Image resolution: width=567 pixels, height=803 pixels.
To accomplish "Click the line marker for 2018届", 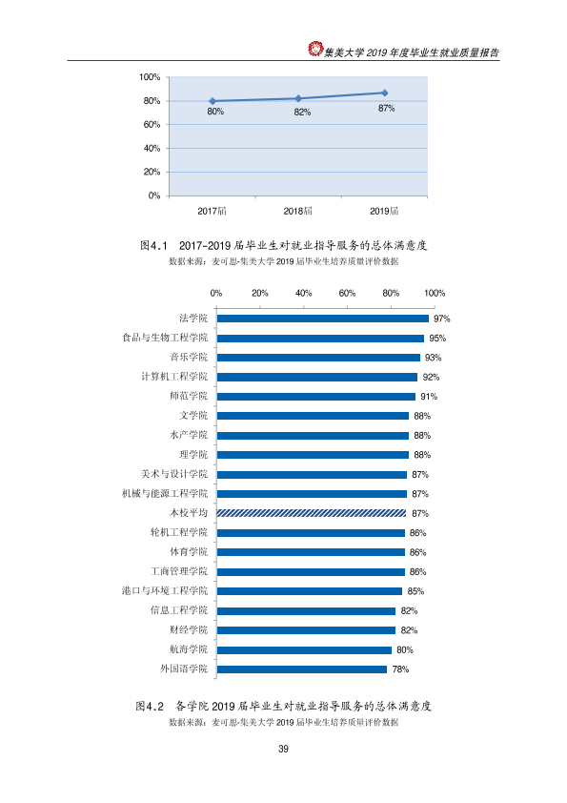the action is coord(298,98).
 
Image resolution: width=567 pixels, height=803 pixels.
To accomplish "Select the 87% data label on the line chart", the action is coord(386,109).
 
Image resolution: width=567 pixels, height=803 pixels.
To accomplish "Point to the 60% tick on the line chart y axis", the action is coord(152,124).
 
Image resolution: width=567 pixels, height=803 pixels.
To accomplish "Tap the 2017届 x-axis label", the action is coord(212,211).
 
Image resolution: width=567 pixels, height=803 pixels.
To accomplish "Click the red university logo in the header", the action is coord(315,49).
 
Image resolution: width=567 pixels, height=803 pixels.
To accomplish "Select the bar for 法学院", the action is coord(322,319).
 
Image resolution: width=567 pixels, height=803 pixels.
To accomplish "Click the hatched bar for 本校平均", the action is coord(311,513).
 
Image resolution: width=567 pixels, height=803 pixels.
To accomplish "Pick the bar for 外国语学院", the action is coord(301,669).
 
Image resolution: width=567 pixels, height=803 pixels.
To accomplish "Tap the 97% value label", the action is coord(441,319).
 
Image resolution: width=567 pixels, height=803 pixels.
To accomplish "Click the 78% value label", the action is coord(400,669).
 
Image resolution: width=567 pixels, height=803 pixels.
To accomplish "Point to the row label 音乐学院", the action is coord(189,357).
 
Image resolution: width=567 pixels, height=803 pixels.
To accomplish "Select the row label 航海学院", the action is coord(189,649).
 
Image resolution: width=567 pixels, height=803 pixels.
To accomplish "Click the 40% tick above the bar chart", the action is coord(303,294).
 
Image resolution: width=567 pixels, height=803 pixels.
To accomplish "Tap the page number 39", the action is coord(284,749).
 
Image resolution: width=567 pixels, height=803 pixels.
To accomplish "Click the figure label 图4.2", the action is coord(150,707).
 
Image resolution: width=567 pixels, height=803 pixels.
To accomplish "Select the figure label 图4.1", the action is coord(154,246).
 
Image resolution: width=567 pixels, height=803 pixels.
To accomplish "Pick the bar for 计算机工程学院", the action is coord(316,377).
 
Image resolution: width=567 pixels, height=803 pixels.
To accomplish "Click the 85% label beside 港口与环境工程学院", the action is coord(415,591).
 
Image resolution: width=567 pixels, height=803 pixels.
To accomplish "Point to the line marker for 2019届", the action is coord(385,93).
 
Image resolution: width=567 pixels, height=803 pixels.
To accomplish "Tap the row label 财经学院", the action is coord(189,629).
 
